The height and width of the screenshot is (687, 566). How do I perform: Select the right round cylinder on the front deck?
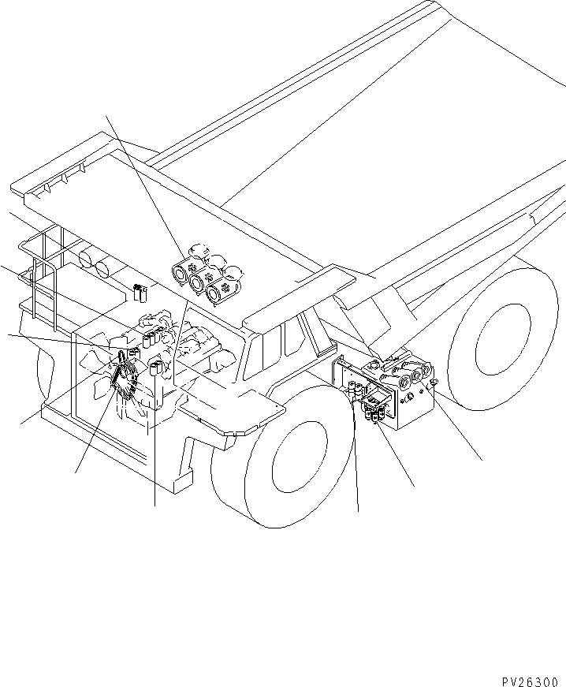point(103,271)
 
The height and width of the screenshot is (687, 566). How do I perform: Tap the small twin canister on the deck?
point(140,293)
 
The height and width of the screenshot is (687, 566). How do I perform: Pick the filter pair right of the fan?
point(156,368)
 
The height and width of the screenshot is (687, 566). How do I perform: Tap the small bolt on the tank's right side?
point(432,383)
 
